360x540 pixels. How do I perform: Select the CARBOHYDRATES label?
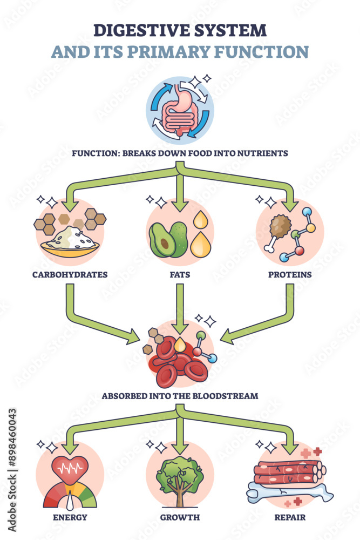(69, 274)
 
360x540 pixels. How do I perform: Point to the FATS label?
(180, 274)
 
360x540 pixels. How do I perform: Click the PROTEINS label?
(290, 274)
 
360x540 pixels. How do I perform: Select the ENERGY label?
(69, 517)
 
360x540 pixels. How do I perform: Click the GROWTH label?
(180, 517)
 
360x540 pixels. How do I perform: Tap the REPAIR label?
(290, 517)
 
